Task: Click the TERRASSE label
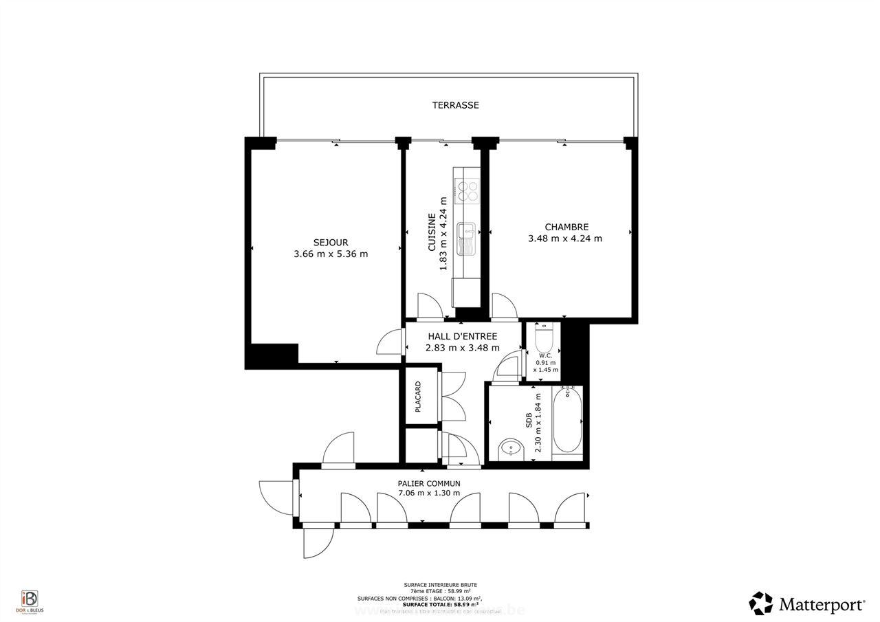point(455,105)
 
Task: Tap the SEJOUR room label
point(331,243)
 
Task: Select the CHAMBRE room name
point(566,227)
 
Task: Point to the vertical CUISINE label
point(432,232)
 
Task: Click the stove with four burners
point(467,190)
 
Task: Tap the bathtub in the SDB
point(567,420)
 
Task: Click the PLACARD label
point(418,397)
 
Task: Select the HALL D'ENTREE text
point(462,336)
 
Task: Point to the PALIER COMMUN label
point(429,483)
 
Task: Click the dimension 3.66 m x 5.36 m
point(331,254)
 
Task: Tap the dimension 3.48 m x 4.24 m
point(565,238)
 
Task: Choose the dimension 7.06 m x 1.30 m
point(429,493)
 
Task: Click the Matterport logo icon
point(761,603)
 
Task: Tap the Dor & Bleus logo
point(30,599)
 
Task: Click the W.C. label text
point(546,355)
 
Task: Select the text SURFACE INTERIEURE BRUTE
point(441,584)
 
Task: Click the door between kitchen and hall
point(430,307)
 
